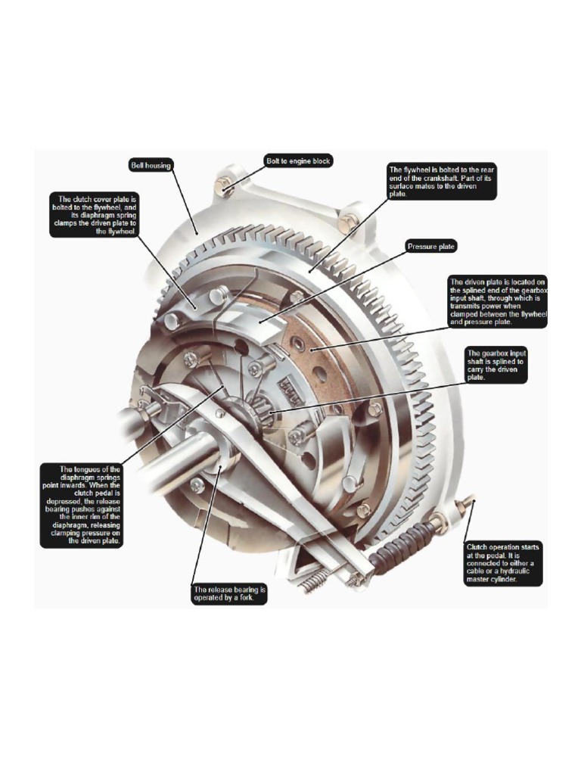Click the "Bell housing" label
click(150, 165)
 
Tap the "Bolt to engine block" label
click(297, 161)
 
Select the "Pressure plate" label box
click(431, 247)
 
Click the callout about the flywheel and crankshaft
click(441, 181)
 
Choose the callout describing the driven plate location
click(496, 300)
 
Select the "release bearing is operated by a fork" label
click(229, 593)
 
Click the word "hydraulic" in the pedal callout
click(523, 571)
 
